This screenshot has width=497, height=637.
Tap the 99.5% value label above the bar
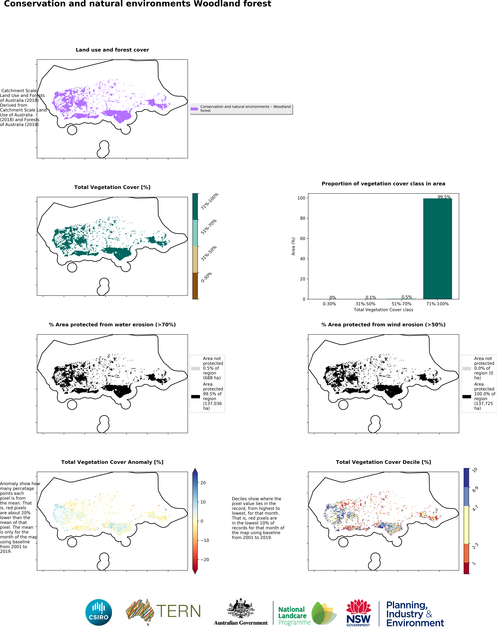coord(444,197)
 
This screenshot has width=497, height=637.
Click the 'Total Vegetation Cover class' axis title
coord(383,310)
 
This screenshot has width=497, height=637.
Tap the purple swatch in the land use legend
coord(194,109)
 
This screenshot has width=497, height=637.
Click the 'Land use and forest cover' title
coord(112,50)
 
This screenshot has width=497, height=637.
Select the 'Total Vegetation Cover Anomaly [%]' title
coord(112,462)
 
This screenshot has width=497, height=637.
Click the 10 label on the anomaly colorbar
coord(203,502)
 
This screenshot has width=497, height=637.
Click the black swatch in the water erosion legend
coord(195,396)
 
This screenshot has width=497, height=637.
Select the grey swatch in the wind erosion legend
coord(467,368)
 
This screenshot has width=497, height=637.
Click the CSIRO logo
coord(99,612)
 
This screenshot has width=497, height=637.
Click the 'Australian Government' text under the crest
coord(241,623)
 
